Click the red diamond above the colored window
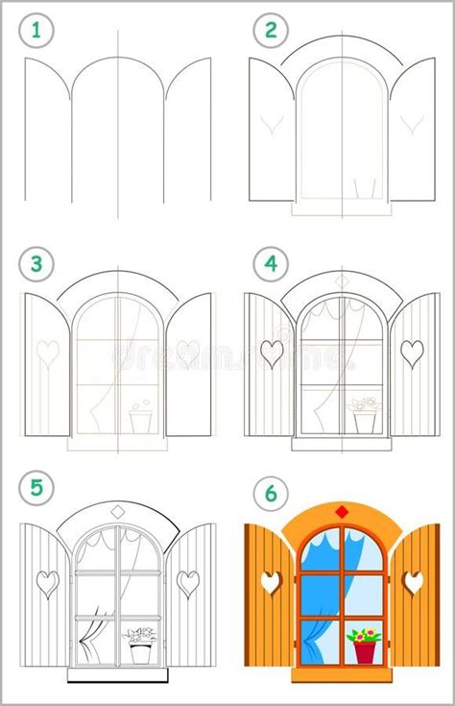pyautogui.click(x=341, y=509)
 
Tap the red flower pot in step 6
pyautogui.click(x=366, y=650)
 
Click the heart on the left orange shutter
pyautogui.click(x=273, y=581)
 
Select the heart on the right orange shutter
pyautogui.click(x=413, y=581)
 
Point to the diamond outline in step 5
pyautogui.click(x=118, y=510)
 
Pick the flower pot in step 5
pyautogui.click(x=141, y=651)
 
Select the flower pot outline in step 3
pyautogui.click(x=141, y=420)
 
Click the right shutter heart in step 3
pyautogui.click(x=187, y=353)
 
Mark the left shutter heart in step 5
pyautogui.click(x=46, y=581)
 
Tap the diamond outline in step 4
pyautogui.click(x=342, y=280)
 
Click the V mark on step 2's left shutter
pyautogui.click(x=270, y=124)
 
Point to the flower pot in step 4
pyautogui.click(x=366, y=421)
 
